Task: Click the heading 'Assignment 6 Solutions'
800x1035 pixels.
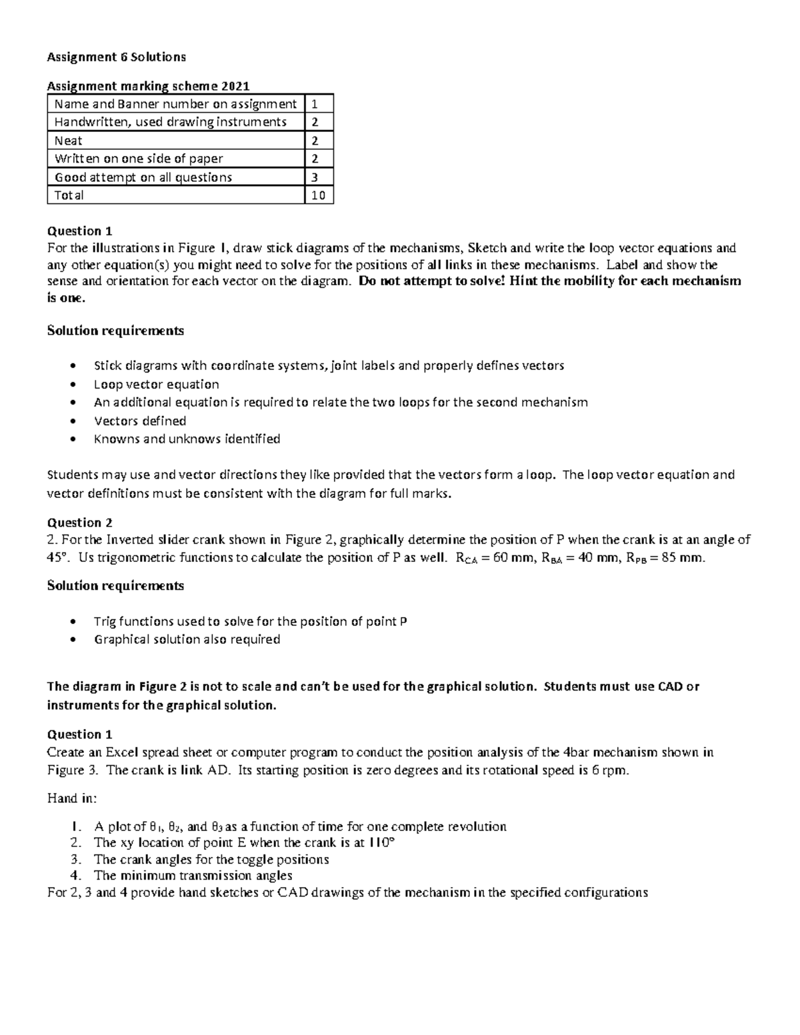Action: click(x=116, y=57)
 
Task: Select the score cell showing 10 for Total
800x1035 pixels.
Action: click(x=319, y=195)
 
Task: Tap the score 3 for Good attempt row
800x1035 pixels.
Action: click(x=315, y=177)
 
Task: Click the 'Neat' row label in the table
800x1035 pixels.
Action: click(x=69, y=141)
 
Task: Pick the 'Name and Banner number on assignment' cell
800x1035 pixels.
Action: click(x=175, y=104)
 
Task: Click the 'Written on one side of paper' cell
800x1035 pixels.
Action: click(x=139, y=159)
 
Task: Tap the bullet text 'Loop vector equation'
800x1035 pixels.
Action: click(x=157, y=385)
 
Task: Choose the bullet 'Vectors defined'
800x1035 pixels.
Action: click(x=140, y=421)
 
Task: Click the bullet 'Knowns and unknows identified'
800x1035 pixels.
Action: click(x=187, y=439)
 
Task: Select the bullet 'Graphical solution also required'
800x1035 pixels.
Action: click(x=187, y=639)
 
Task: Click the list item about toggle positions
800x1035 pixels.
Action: click(x=211, y=859)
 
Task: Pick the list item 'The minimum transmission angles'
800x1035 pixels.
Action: click(x=193, y=875)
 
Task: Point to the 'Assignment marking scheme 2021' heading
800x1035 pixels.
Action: click(x=148, y=85)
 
